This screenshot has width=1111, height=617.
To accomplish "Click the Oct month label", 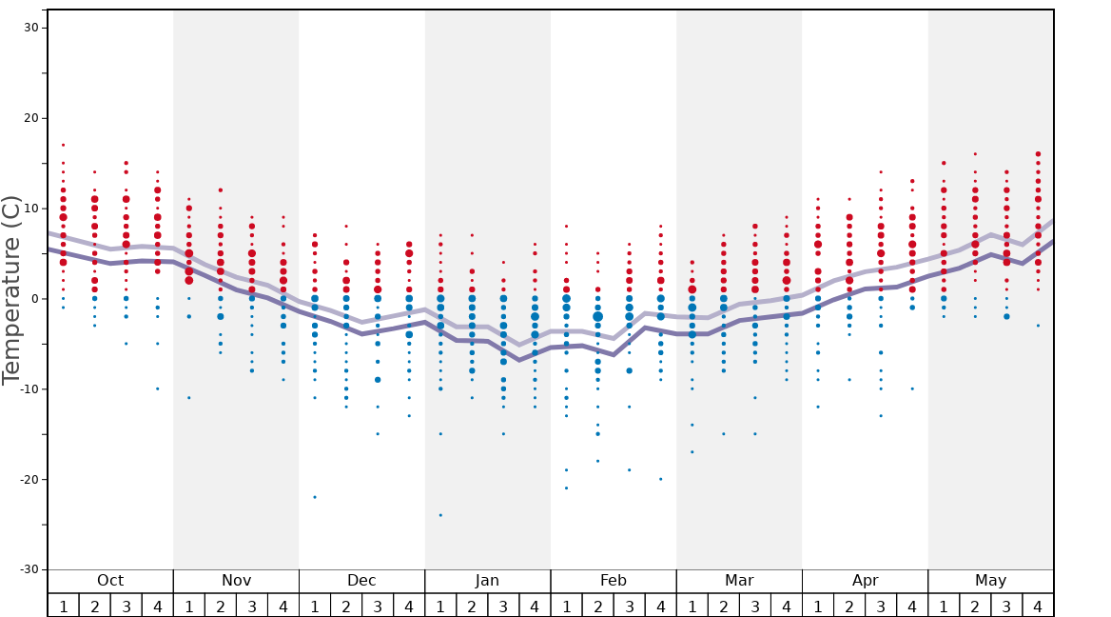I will [x=110, y=581].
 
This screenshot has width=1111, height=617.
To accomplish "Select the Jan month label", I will [x=487, y=581].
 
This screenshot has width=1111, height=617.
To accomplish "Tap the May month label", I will [x=990, y=581].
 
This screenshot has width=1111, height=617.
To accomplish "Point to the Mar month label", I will [x=739, y=581].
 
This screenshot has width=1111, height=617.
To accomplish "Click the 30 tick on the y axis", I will [x=30, y=28].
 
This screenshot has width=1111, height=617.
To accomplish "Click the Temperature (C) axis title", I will [x=11, y=289].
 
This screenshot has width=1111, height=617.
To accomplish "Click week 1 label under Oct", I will [x=63, y=606].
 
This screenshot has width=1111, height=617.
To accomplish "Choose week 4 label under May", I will [x=1038, y=606].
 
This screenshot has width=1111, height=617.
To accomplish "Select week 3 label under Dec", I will [x=378, y=606].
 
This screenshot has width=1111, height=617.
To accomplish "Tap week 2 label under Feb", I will [x=597, y=606].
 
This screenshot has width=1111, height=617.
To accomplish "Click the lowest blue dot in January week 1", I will [x=440, y=515].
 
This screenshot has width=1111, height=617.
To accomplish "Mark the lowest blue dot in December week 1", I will [x=315, y=497].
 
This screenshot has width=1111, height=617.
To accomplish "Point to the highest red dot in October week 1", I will [x=63, y=145].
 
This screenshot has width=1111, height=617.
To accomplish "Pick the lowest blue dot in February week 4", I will [x=660, y=479].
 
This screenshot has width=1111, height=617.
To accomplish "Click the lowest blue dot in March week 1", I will [x=692, y=451].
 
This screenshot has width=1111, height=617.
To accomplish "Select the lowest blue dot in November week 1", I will [x=188, y=398].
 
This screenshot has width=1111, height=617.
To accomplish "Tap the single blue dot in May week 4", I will [x=1038, y=326].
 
